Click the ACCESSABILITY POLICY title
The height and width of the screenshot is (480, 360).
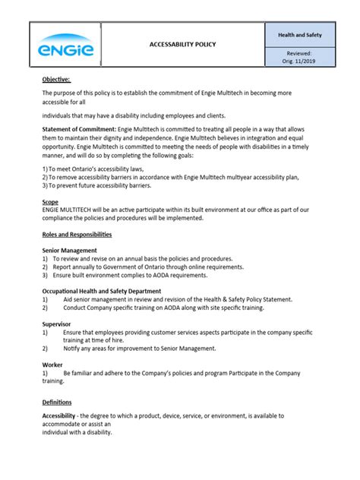(182, 44)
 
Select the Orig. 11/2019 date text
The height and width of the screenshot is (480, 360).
(299, 63)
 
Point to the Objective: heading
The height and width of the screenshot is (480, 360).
(57, 78)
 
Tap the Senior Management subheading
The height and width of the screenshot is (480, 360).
(70, 250)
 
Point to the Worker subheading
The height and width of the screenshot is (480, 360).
(52, 365)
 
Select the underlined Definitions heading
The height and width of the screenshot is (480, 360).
(57, 402)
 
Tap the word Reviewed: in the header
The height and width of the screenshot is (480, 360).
(299, 54)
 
